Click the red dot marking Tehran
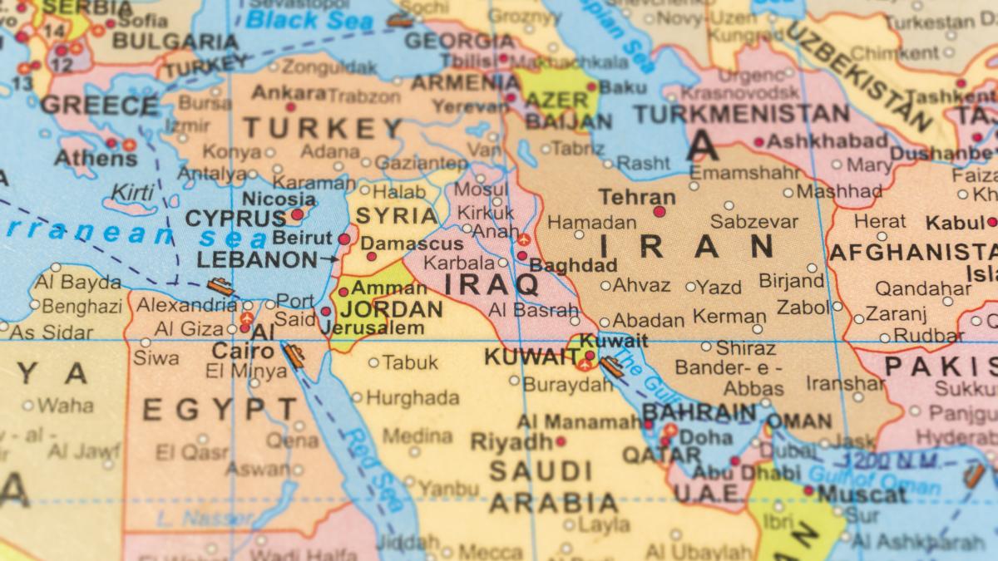(660, 212)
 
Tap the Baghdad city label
(573, 266)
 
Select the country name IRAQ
(492, 284)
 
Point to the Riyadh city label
(511, 441)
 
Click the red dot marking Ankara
(291, 107)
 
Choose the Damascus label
(413, 244)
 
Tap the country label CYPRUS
(235, 219)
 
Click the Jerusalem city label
(372, 328)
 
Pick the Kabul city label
(954, 223)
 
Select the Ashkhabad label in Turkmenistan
(827, 140)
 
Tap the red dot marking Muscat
(808, 490)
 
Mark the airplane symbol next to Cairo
(246, 318)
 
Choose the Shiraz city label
(745, 348)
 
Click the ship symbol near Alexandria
(220, 287)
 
